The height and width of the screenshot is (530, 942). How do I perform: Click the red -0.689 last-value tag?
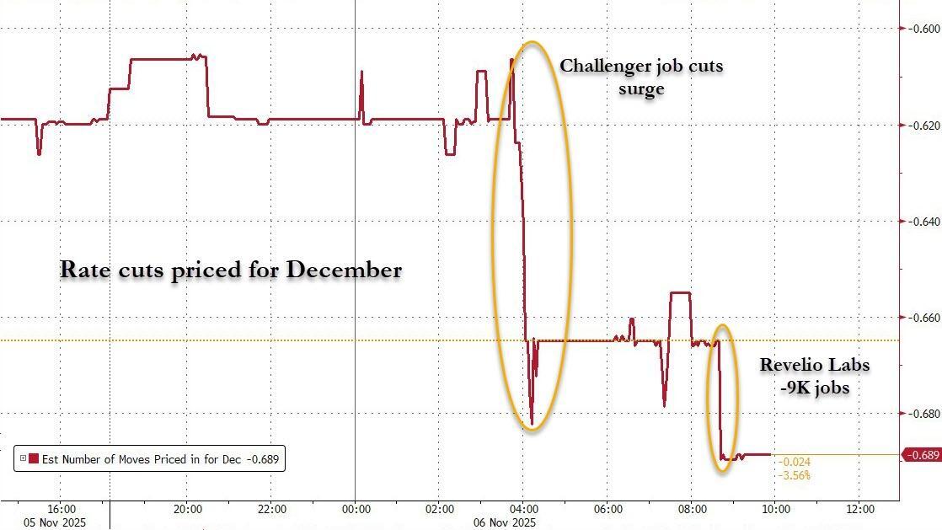point(921,455)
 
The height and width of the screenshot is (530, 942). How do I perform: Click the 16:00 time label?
point(62,509)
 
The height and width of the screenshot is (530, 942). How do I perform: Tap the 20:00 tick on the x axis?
point(187,509)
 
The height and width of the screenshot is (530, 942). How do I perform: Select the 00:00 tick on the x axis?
point(356,509)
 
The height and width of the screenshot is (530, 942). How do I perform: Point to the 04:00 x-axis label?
point(523,509)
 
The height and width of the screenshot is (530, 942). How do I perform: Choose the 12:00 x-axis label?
point(859,509)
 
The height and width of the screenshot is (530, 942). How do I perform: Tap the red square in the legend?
point(34,459)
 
